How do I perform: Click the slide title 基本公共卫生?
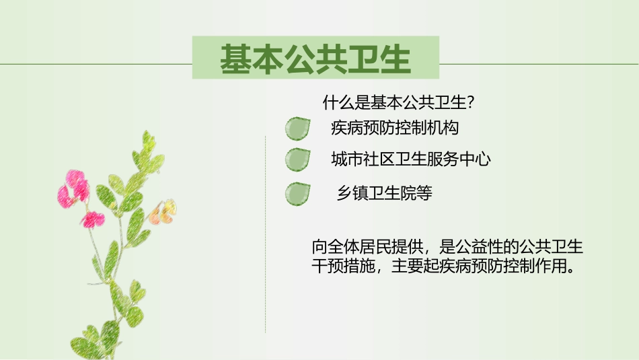[315, 59]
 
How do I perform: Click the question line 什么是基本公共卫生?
[400, 103]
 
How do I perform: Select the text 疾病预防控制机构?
[395, 127]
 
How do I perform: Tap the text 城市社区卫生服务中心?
[410, 159]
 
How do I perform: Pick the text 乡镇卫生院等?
[384, 194]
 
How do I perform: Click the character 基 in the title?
[235, 59]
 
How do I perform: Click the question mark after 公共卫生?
[473, 103]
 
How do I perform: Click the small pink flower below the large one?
[93, 219]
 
